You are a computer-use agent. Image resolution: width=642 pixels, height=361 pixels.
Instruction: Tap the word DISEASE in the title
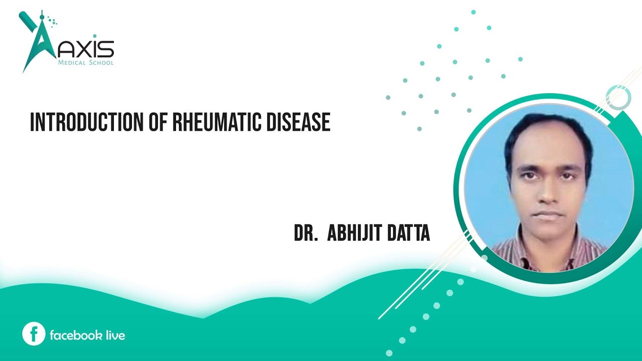[x=301, y=122]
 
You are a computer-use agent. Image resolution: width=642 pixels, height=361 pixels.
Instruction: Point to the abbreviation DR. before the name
[x=306, y=234]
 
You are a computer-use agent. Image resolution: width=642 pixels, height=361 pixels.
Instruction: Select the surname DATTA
[x=408, y=234]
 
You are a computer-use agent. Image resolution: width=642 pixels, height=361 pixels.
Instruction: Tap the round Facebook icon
[x=34, y=334]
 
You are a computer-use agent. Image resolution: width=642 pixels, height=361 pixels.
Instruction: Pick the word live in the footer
[x=116, y=335]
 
